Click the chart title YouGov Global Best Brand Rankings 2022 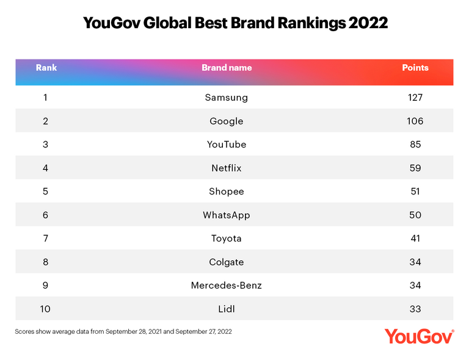click(234, 23)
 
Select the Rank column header click(46, 68)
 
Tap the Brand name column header click(227, 68)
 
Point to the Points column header click(415, 68)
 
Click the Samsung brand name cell click(227, 97)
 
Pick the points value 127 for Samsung click(415, 97)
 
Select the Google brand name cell click(227, 121)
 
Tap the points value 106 click(415, 121)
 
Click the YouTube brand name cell click(227, 144)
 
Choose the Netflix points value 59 click(415, 168)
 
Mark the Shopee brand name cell click(227, 191)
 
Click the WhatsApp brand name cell click(227, 215)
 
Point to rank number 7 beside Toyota click(46, 238)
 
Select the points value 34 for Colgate click(415, 262)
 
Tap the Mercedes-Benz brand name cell click(227, 285)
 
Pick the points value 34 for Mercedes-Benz click(415, 285)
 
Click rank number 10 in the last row click(46, 309)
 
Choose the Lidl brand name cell click(227, 309)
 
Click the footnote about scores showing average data click(123, 332)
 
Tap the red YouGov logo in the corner click(419, 337)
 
